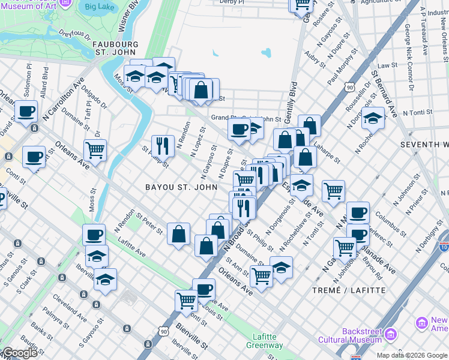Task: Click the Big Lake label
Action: (x=99, y=7)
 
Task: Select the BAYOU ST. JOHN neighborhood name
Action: (x=181, y=187)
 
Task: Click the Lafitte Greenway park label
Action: (x=265, y=341)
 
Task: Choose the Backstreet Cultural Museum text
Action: (x=362, y=335)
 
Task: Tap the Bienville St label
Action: (x=191, y=337)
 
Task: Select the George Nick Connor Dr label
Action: (x=409, y=57)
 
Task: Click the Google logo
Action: (x=20, y=353)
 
